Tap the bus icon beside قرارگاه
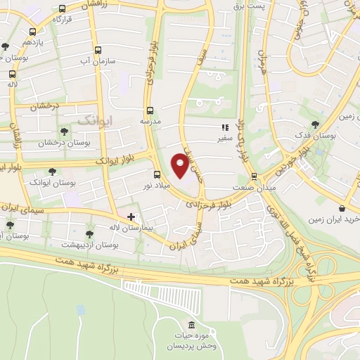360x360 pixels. coord(63,10)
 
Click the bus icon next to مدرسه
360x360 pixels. coord(149,110)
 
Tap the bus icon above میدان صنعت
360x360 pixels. coord(254,177)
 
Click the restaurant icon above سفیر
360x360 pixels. coord(225,128)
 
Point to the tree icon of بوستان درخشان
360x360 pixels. coord(64,131)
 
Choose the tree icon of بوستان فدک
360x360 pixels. coord(323,124)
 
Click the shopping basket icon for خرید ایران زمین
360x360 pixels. coord(342,208)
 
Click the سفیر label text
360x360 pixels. coord(225,139)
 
